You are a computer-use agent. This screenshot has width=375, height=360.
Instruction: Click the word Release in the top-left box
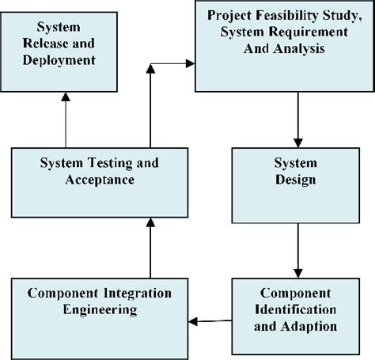[x=45, y=44]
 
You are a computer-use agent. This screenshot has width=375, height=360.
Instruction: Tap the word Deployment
[x=59, y=60]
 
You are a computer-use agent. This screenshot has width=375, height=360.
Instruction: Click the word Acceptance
[x=100, y=180]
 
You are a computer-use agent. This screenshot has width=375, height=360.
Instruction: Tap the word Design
[x=296, y=180]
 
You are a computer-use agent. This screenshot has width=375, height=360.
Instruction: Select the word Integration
[x=138, y=293]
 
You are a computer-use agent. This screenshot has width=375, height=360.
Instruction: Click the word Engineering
[x=100, y=309]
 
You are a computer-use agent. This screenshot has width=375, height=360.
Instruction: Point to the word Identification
[x=295, y=309]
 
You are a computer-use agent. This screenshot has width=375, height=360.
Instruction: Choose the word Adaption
[x=309, y=327]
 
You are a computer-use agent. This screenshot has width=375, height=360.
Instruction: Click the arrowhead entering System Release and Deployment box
[x=66, y=97]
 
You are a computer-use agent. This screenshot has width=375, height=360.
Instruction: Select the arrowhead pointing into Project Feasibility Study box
[x=190, y=63]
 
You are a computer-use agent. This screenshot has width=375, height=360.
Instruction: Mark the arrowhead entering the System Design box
[x=298, y=143]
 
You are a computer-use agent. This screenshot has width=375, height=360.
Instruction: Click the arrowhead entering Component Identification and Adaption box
[x=298, y=274]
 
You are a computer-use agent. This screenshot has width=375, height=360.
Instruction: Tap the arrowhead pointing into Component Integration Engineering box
[x=193, y=321]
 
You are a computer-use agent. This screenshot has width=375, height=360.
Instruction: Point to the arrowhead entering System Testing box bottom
[x=150, y=222]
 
